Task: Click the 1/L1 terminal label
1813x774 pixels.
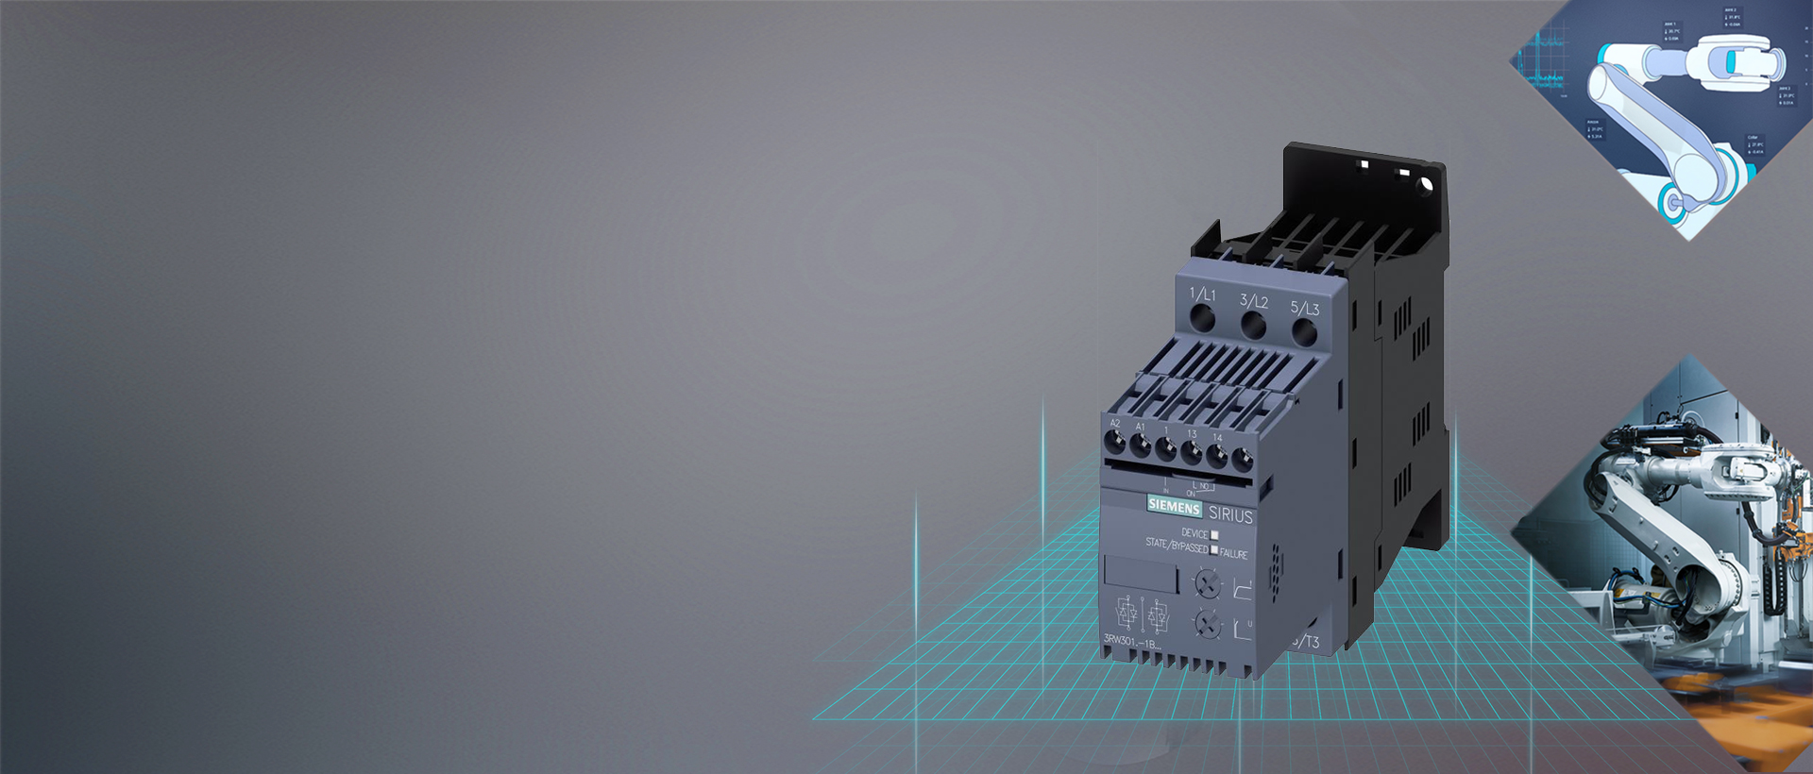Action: pyautogui.click(x=1202, y=294)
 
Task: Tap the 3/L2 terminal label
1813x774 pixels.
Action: pyautogui.click(x=1253, y=301)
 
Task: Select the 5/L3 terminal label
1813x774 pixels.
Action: pyautogui.click(x=1304, y=308)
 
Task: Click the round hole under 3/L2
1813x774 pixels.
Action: pyautogui.click(x=1253, y=326)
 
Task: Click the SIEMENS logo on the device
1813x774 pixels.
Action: pyautogui.click(x=1174, y=507)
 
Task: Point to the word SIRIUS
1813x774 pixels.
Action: pyautogui.click(x=1230, y=515)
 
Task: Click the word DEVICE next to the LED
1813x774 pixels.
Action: pyautogui.click(x=1194, y=533)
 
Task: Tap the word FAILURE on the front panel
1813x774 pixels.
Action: pyautogui.click(x=1233, y=554)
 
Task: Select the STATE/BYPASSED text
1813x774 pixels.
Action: pyautogui.click(x=1177, y=545)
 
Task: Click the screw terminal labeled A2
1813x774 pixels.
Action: pyautogui.click(x=1115, y=442)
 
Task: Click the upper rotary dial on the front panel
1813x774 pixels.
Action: pyautogui.click(x=1207, y=583)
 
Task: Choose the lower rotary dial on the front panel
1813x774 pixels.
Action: pyautogui.click(x=1207, y=622)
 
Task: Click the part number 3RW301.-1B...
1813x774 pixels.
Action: pyautogui.click(x=1130, y=641)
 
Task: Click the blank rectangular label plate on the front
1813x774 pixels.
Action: pyautogui.click(x=1141, y=574)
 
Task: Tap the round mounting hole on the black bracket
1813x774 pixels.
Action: pyautogui.click(x=1425, y=185)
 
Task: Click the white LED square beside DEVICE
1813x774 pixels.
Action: pyautogui.click(x=1214, y=535)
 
